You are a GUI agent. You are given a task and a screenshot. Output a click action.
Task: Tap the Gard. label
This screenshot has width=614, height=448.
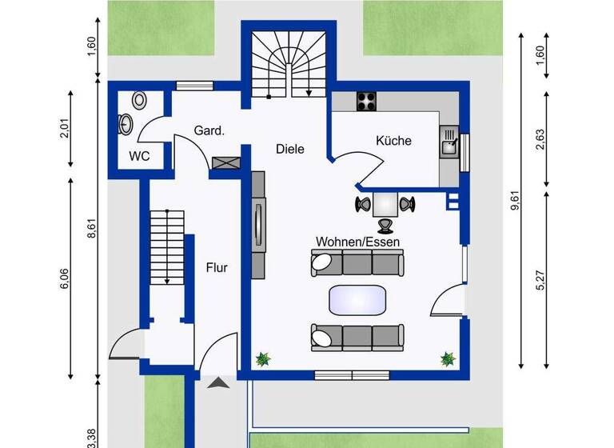tap(208, 130)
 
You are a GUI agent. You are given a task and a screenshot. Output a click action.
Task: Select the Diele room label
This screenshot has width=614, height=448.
tap(290, 149)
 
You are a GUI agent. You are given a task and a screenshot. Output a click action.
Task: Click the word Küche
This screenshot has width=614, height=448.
tap(393, 141)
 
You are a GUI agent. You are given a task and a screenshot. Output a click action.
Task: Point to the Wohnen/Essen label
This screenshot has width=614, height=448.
tap(357, 241)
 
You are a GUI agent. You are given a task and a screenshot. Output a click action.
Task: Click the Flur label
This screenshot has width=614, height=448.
tap(216, 267)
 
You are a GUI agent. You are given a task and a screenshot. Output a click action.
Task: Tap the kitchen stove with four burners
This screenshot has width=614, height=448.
tap(366, 102)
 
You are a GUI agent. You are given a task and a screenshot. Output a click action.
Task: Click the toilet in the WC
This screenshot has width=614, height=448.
tap(141, 100)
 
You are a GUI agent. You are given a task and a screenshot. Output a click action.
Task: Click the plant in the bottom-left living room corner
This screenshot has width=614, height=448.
tap(262, 359)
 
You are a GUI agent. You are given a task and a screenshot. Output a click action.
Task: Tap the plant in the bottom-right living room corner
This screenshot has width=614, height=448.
tap(447, 359)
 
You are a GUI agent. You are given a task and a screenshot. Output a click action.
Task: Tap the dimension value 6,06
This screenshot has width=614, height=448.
tap(65, 280)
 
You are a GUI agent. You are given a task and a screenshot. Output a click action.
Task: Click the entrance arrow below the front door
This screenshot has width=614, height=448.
tap(217, 385)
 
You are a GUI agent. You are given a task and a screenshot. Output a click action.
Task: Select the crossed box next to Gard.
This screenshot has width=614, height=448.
tap(225, 162)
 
